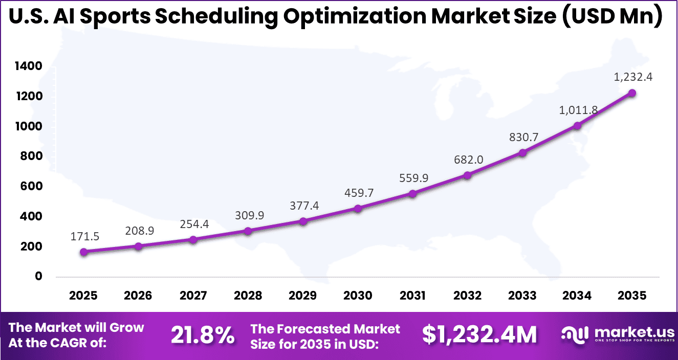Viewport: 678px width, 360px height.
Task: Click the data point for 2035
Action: tap(632, 93)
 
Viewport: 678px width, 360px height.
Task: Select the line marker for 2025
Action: tap(84, 252)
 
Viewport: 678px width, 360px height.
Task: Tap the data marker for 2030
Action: tap(358, 209)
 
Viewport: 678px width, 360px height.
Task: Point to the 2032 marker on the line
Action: tap(467, 175)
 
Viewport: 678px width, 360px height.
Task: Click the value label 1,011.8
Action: tap(577, 109)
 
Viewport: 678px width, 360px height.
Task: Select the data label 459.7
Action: tap(358, 193)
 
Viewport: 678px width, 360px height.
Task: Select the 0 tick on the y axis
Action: tap(38, 277)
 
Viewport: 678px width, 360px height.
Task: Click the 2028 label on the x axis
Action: tap(248, 296)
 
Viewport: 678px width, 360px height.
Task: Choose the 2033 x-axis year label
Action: tap(522, 296)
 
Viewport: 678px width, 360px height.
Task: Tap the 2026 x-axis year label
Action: tap(138, 296)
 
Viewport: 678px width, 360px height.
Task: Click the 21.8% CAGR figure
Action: tap(203, 335)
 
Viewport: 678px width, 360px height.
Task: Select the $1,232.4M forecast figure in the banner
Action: tap(479, 335)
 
